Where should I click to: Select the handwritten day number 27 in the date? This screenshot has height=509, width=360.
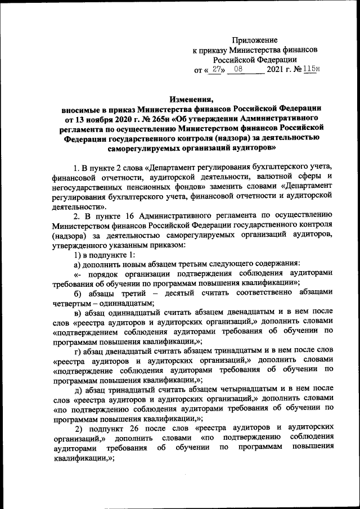point(217,70)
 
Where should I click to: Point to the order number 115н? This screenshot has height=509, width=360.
point(310,70)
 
